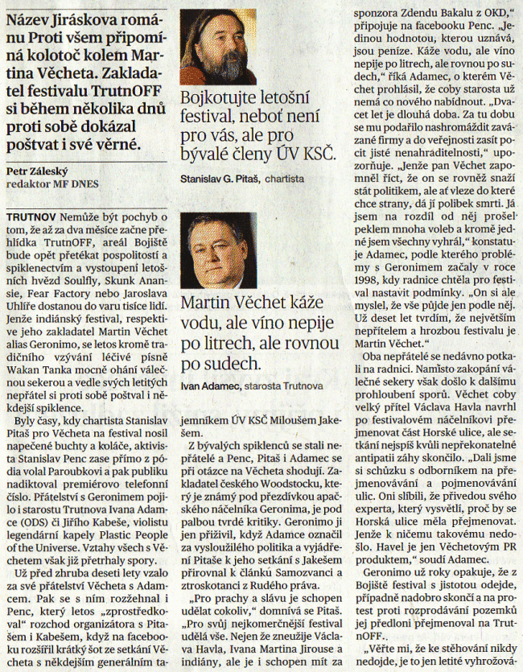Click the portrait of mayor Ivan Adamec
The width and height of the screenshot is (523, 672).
218,249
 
